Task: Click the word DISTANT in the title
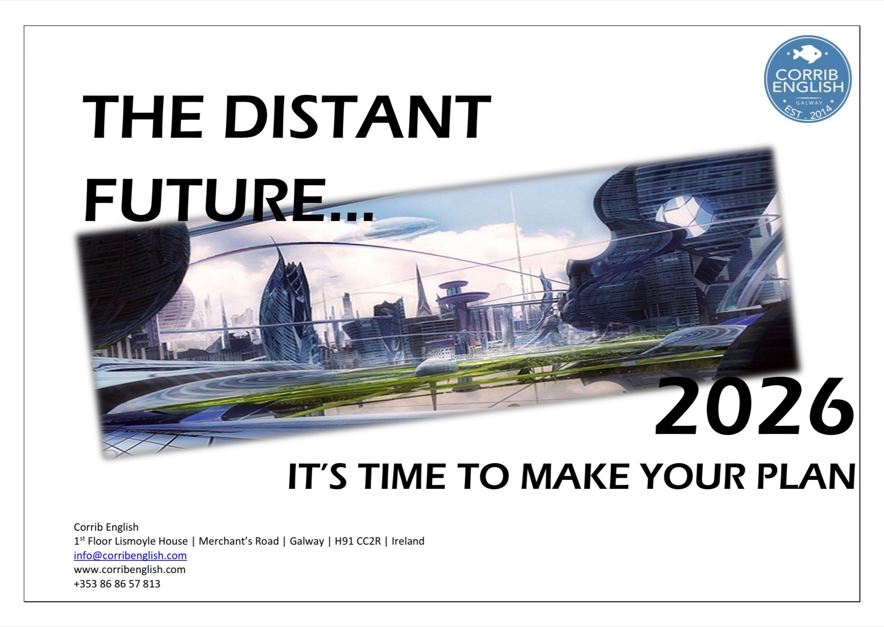coord(357,118)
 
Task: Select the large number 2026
coord(754,407)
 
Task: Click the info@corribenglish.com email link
coord(130,555)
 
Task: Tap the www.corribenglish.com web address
coord(130,569)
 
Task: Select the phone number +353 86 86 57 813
coord(117,584)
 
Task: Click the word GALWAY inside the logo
coord(808,103)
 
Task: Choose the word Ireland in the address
coord(408,541)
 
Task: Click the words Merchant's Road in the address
coord(239,541)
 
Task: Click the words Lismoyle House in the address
coord(138,541)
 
